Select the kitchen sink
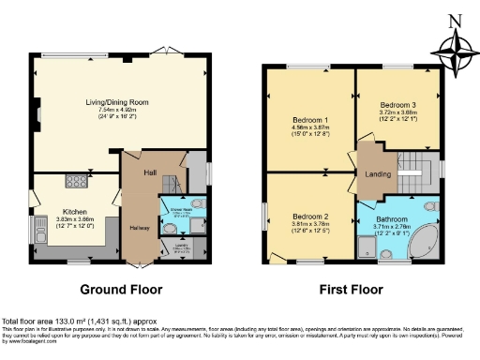[x=40, y=225]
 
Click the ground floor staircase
[x=171, y=184]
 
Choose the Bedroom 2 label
[x=308, y=217]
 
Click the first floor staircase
[x=410, y=174]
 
